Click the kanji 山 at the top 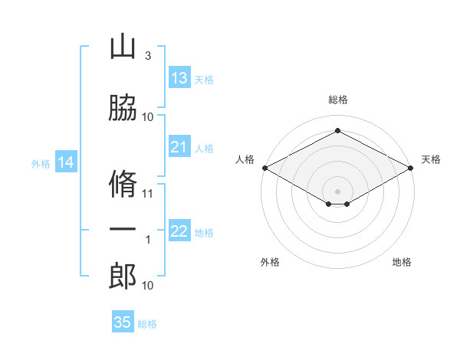pyautogui.click(x=123, y=47)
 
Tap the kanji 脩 pyautogui.click(x=123, y=185)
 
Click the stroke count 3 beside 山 pyautogui.click(x=148, y=56)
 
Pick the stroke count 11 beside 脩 pyautogui.click(x=149, y=193)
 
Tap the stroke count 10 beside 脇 pyautogui.click(x=148, y=117)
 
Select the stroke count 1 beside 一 pyautogui.click(x=148, y=240)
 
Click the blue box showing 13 pyautogui.click(x=179, y=78)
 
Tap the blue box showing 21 pyautogui.click(x=179, y=147)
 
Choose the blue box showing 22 pyautogui.click(x=179, y=231)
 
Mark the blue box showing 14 pyautogui.click(x=66, y=162)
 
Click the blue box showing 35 pyautogui.click(x=123, y=322)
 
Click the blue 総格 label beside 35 pyautogui.click(x=147, y=324)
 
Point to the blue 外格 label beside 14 pyautogui.click(x=40, y=163)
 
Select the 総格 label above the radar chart pyautogui.click(x=337, y=100)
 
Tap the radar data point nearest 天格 pyautogui.click(x=411, y=168)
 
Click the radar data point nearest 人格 pyautogui.click(x=264, y=168)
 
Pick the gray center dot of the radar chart pyautogui.click(x=337, y=190)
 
